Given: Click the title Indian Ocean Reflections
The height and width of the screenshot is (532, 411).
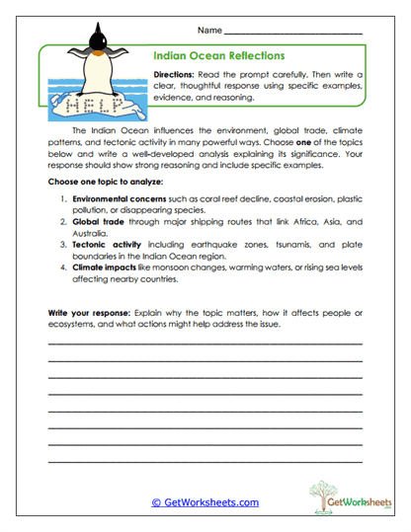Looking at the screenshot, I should coord(219,56).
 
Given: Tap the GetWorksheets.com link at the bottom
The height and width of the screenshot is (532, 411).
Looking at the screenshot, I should coord(205,502).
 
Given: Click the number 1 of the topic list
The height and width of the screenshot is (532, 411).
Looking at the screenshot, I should coord(61,199).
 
